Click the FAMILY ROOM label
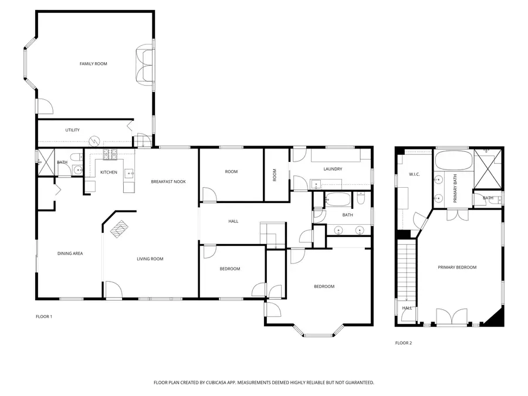(x=93, y=63)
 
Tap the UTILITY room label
(x=72, y=130)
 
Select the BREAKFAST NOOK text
(x=168, y=181)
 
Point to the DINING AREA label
(x=70, y=253)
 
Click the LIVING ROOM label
(x=150, y=259)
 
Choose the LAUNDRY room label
(x=333, y=169)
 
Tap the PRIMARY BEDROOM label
(x=457, y=268)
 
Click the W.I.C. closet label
(x=414, y=174)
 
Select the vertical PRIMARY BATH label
(x=455, y=188)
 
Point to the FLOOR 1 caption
(x=44, y=317)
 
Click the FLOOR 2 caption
(x=404, y=343)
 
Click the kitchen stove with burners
(x=110, y=154)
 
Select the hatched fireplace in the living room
(x=120, y=229)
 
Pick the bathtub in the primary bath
(x=453, y=161)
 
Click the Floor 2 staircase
(x=407, y=269)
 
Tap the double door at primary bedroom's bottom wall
(x=452, y=317)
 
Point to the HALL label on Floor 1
(x=233, y=221)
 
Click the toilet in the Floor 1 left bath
(x=76, y=157)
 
